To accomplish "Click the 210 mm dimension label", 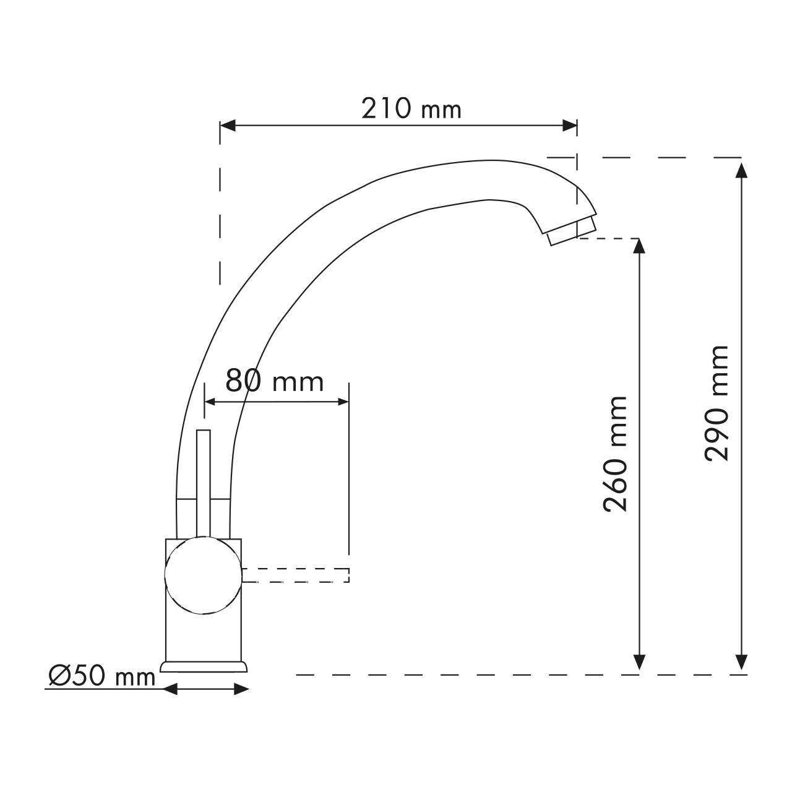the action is click(x=411, y=108).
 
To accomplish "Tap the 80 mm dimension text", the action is click(x=275, y=381).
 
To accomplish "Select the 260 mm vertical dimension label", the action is click(x=616, y=454).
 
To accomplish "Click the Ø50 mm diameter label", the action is click(x=102, y=676).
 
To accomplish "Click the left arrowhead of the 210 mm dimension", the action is click(x=228, y=126).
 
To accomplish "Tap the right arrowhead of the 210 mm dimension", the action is click(x=570, y=126).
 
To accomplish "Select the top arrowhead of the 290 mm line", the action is click(x=741, y=170).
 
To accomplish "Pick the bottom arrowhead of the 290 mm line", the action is click(x=741, y=662).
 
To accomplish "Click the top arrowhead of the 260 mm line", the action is click(x=639, y=246).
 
